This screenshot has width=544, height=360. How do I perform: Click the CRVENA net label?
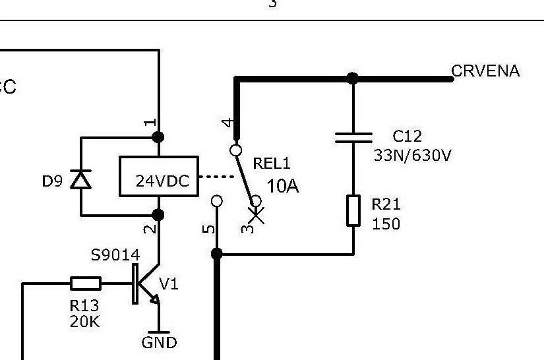coord(485,71)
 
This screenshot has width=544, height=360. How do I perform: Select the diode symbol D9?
coord(81,178)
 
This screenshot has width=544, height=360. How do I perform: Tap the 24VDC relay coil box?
coord(158,177)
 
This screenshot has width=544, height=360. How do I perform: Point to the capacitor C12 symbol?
coord(353,137)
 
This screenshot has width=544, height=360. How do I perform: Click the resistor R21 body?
coord(353,210)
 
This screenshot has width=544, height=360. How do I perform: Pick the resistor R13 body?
coord(86,284)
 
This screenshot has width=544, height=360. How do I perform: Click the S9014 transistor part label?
coord(115,255)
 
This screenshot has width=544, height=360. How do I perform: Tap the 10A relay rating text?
coord(283,187)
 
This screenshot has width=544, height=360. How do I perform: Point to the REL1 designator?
coord(272,164)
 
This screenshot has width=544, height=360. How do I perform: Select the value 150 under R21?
coord(386,224)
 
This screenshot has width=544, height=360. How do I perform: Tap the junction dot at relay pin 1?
coord(158,137)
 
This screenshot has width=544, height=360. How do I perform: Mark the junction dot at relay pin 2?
coord(158,215)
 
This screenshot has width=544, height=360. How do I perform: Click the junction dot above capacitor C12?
coord(353,78)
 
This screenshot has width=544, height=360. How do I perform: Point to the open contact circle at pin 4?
coord(235,150)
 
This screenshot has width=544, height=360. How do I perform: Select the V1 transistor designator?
coord(169,284)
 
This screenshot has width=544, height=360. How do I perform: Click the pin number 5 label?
coord(208,229)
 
